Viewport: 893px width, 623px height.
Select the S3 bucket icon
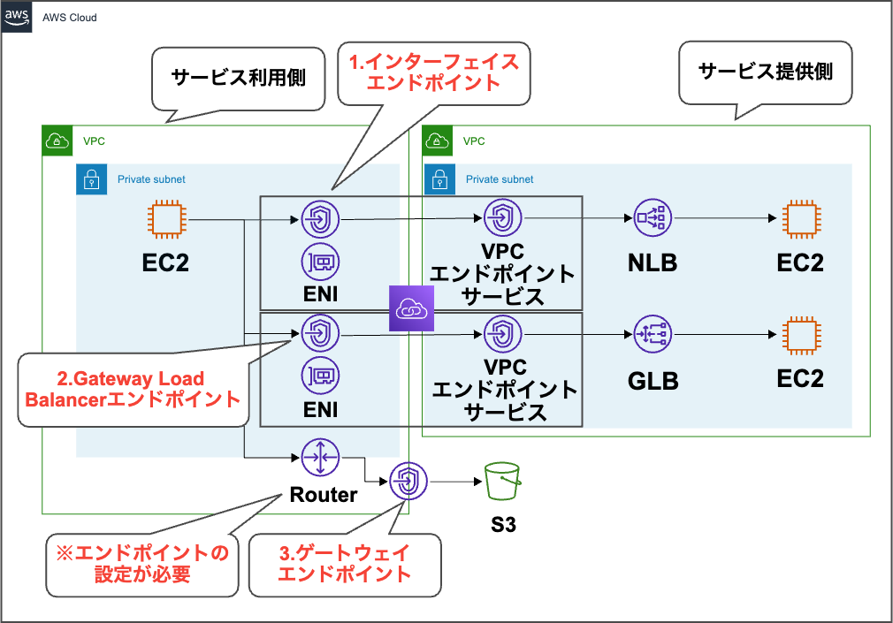[503, 482]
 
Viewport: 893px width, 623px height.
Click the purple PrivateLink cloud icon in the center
[409, 308]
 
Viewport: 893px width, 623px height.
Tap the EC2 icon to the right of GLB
[801, 335]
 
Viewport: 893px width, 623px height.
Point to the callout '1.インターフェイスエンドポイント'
[432, 73]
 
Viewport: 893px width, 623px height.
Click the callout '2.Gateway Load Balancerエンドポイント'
[133, 390]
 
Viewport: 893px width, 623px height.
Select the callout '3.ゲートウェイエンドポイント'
[345, 564]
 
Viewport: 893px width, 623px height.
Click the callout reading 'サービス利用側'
[238, 78]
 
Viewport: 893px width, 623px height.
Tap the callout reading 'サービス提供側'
[766, 72]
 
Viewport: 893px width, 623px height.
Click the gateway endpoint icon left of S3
[408, 482]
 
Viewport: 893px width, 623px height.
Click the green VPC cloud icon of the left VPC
[57, 140]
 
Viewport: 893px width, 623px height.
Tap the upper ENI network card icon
[320, 262]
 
